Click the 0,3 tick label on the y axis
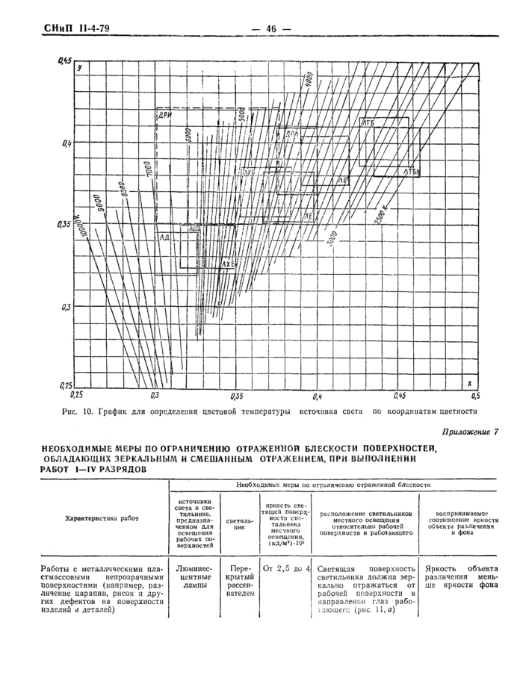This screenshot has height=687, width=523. coord(65,306)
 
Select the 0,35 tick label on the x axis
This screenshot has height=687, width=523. coord(238,394)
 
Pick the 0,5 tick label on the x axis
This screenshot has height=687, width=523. coord(474,394)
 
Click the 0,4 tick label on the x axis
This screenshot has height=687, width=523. coord(317,394)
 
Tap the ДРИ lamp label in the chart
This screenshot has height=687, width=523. coord(165,116)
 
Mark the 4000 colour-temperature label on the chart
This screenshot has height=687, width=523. coord(307,77)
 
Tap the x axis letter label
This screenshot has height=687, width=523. coord(469,382)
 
